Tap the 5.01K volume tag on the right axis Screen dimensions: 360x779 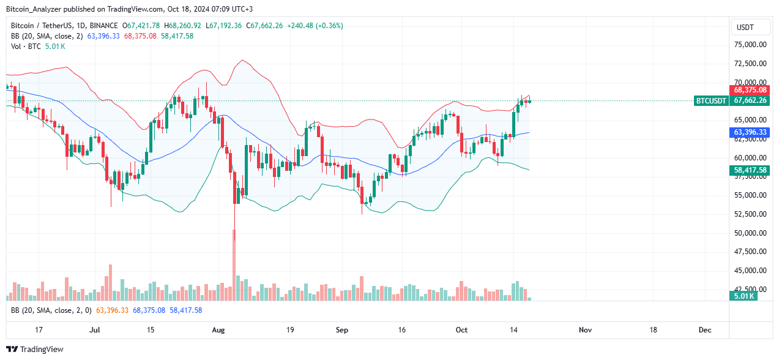(x=745, y=296)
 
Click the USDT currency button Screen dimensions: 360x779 (x=745, y=28)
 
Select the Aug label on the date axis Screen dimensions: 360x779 (x=218, y=330)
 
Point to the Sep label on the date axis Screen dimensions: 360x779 (x=342, y=330)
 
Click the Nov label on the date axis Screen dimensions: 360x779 (x=585, y=330)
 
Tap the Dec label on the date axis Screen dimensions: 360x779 (x=705, y=330)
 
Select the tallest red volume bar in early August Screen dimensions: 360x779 (x=234, y=266)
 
